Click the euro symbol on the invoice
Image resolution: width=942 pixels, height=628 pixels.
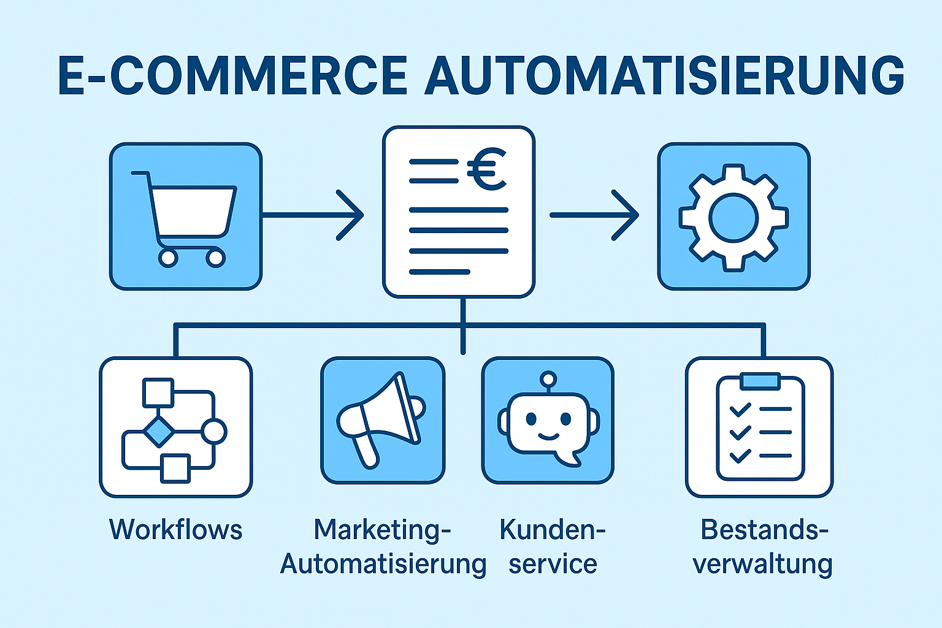point(486,170)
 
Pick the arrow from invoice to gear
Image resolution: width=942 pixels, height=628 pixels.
point(595,215)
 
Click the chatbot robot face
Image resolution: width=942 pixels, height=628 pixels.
point(548,423)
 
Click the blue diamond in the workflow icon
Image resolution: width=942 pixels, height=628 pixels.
point(159,431)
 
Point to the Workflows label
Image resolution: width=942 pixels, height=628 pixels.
point(176,530)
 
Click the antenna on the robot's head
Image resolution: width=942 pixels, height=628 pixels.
point(548,378)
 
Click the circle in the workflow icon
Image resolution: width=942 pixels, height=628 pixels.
point(214,431)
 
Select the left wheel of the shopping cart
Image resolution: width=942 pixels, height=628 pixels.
point(168,258)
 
